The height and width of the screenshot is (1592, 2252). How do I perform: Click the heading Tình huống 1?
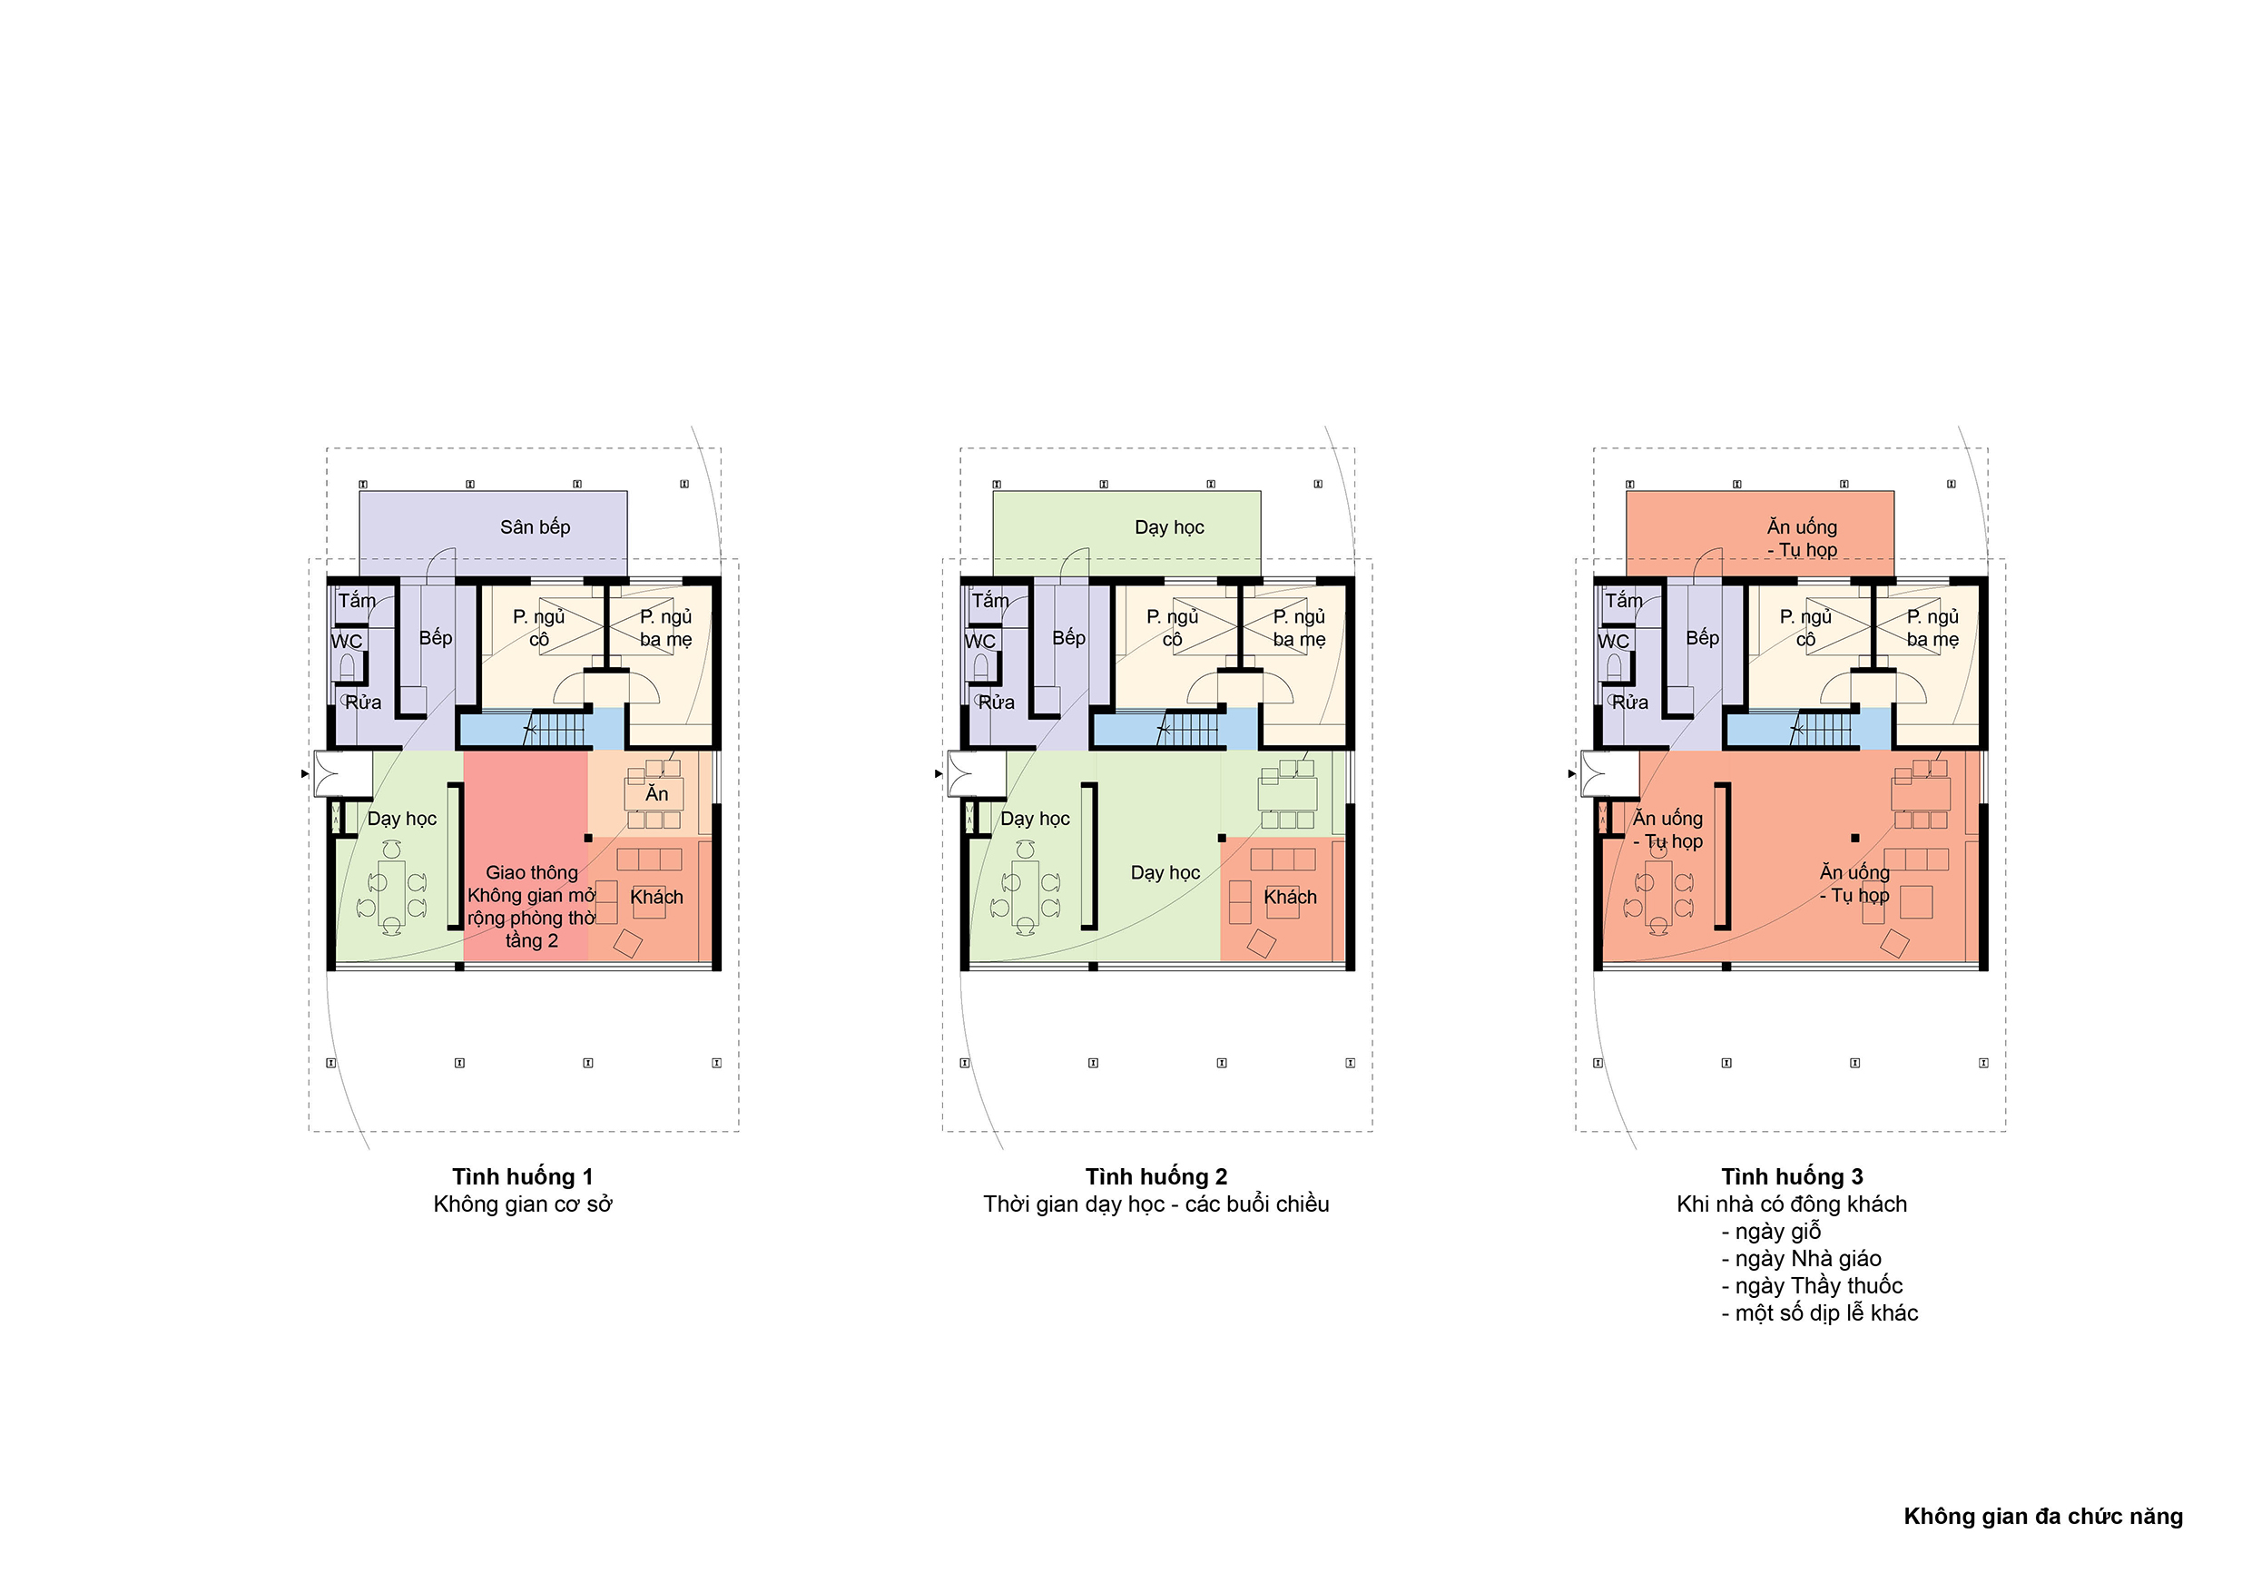pyautogui.click(x=522, y=1176)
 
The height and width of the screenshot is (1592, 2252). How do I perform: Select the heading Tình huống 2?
pyautogui.click(x=1156, y=1176)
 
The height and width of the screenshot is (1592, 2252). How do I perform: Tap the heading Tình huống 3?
pyautogui.click(x=1791, y=1176)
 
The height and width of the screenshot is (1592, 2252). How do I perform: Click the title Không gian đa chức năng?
pyautogui.click(x=2043, y=1517)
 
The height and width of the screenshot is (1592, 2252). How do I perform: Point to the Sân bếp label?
pyautogui.click(x=535, y=526)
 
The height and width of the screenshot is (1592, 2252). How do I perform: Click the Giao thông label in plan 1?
pyautogui.click(x=532, y=872)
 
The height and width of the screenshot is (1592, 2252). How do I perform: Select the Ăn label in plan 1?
pyautogui.click(x=656, y=792)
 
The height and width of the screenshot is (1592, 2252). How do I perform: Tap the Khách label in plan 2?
pyautogui.click(x=1290, y=897)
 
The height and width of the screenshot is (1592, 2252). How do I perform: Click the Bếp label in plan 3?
pyautogui.click(x=1702, y=637)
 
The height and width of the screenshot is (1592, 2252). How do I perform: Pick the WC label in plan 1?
pyautogui.click(x=346, y=642)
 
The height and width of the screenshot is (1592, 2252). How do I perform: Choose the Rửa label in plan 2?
pyautogui.click(x=996, y=703)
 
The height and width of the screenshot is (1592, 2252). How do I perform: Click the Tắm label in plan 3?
pyautogui.click(x=1623, y=600)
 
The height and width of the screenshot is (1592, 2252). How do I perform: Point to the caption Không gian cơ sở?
pyautogui.click(x=523, y=1204)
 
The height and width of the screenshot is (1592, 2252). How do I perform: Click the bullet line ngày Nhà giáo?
pyautogui.click(x=1801, y=1259)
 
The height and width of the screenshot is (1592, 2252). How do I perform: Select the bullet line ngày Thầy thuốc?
pyautogui.click(x=1812, y=1285)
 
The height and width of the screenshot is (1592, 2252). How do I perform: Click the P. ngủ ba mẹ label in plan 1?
pyautogui.click(x=666, y=628)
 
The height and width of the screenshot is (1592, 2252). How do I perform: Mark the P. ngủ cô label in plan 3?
pyautogui.click(x=1805, y=628)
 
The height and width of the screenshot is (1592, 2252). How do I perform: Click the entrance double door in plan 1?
pyautogui.click(x=328, y=774)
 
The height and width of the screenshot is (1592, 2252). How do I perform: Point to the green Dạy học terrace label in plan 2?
pyautogui.click(x=1169, y=526)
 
